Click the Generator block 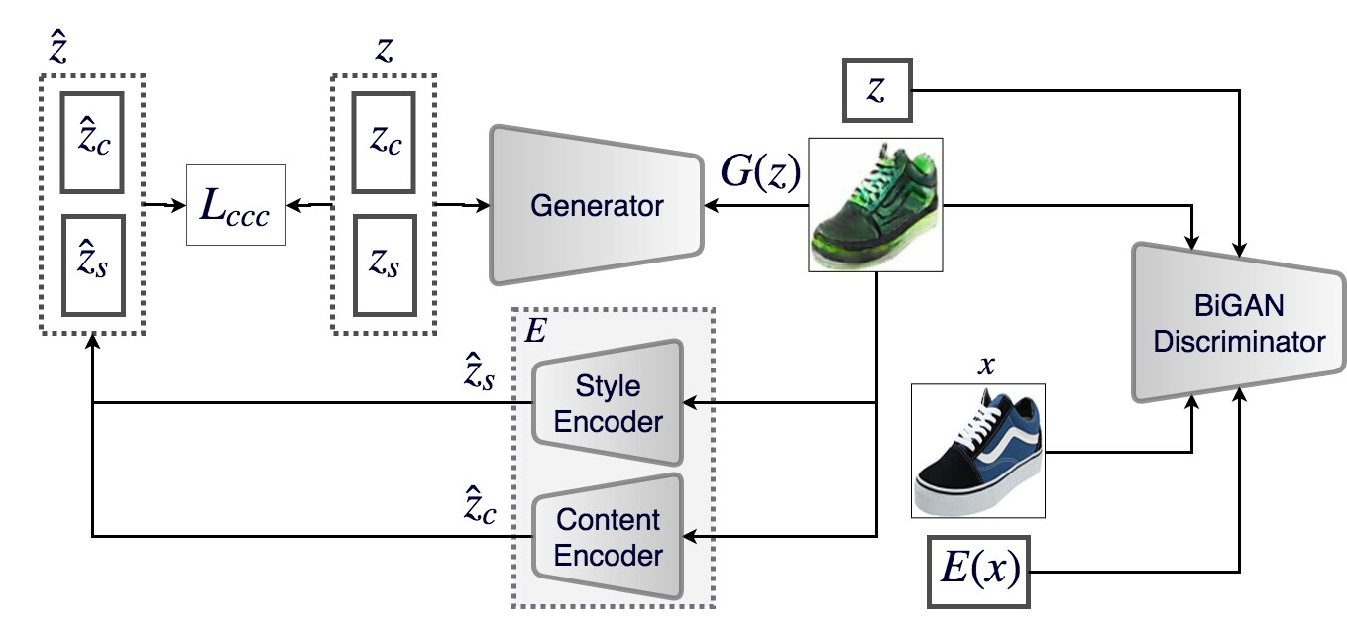coord(597,206)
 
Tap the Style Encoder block coord(608,402)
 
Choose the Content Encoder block coord(608,536)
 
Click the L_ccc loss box coord(236,206)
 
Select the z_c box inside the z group coord(386,141)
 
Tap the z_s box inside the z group coord(386,265)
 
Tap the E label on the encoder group coord(534,331)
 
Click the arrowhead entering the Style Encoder coord(692,402)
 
